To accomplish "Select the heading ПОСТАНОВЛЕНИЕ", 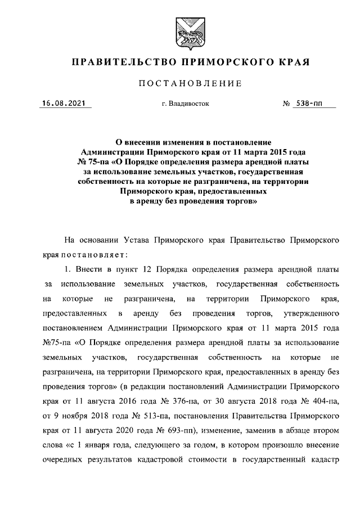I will coord(190,84).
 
